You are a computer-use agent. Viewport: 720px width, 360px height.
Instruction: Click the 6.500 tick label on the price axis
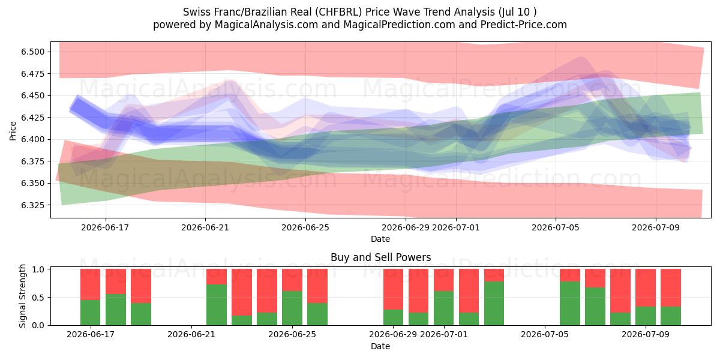click(33, 52)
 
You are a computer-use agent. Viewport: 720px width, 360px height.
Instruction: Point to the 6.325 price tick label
click(33, 205)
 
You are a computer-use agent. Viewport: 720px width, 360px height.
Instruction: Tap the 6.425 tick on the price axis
click(33, 118)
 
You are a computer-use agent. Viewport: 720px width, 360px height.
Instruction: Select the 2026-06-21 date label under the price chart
click(205, 227)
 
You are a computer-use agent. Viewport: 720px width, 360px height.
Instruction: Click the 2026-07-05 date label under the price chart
click(556, 227)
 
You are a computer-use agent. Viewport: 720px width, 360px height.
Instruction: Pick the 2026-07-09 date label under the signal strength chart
click(646, 334)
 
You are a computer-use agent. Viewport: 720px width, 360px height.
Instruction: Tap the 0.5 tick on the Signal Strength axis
click(38, 298)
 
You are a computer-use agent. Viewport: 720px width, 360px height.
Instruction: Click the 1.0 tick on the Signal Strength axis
click(38, 269)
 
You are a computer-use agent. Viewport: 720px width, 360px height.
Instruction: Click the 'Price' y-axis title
click(13, 131)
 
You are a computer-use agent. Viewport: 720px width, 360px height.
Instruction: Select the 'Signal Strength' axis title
click(22, 296)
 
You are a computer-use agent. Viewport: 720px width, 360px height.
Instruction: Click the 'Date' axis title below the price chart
click(380, 239)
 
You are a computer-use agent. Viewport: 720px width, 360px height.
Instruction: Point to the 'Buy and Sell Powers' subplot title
click(380, 257)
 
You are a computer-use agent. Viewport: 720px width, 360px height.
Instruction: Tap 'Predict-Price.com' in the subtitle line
click(524, 25)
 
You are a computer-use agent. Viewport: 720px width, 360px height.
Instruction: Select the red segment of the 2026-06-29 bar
click(393, 289)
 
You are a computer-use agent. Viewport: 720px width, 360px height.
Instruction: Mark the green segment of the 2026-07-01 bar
click(443, 308)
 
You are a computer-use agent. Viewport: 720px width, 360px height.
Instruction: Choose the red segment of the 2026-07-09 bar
click(646, 287)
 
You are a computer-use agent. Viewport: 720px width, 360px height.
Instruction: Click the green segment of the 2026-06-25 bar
click(292, 308)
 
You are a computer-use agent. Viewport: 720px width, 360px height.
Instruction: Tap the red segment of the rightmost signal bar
click(671, 287)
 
